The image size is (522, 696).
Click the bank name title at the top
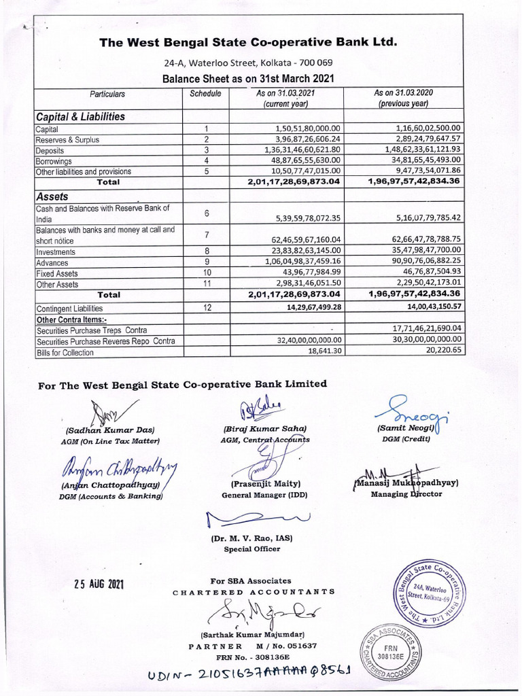(247, 43)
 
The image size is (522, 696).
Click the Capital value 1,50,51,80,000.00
(308, 128)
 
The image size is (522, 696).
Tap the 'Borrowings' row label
(54, 161)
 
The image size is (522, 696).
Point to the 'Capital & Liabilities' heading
(80, 116)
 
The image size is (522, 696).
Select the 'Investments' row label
(56, 251)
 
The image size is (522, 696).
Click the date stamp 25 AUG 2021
(99, 585)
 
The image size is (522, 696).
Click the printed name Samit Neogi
(404, 429)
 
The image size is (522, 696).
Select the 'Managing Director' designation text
(406, 494)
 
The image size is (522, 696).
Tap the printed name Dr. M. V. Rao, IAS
(251, 538)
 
